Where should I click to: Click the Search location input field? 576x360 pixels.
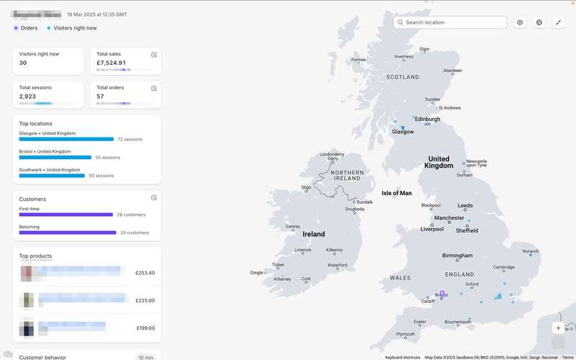click(x=454, y=22)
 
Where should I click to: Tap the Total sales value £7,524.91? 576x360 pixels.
click(x=112, y=63)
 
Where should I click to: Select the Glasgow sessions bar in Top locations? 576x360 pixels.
click(x=66, y=139)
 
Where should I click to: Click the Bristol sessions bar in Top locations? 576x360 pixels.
click(x=55, y=157)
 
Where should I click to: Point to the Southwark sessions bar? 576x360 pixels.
click(x=52, y=176)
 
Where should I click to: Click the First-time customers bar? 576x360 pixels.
click(x=66, y=215)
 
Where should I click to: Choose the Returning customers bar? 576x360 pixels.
click(x=68, y=233)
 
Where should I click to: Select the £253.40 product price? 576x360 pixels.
click(x=145, y=273)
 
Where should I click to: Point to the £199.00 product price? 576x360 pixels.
click(x=145, y=328)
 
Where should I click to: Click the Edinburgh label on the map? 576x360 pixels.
click(x=428, y=119)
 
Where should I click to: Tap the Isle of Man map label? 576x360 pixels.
click(x=396, y=193)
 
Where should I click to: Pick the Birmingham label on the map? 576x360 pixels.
click(x=457, y=256)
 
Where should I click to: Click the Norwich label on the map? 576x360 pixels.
click(x=531, y=252)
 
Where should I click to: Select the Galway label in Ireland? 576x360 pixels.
click(x=292, y=226)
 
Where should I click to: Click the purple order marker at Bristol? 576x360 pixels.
click(x=442, y=294)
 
